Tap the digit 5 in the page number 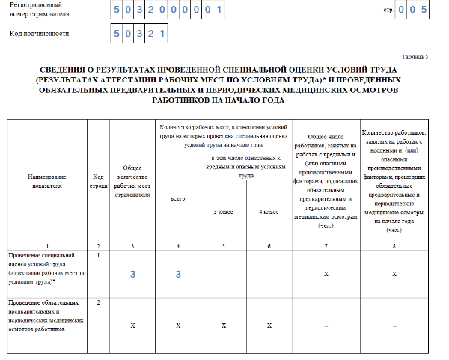tap(424, 10)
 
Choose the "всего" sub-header tap(178, 199)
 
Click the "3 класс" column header tap(224, 213)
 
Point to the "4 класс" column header tap(269, 213)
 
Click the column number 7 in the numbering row tap(326, 245)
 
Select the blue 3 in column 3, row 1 tap(132, 275)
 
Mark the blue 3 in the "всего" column tap(178, 275)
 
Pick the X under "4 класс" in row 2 tap(269, 326)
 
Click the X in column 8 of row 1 tap(394, 275)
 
